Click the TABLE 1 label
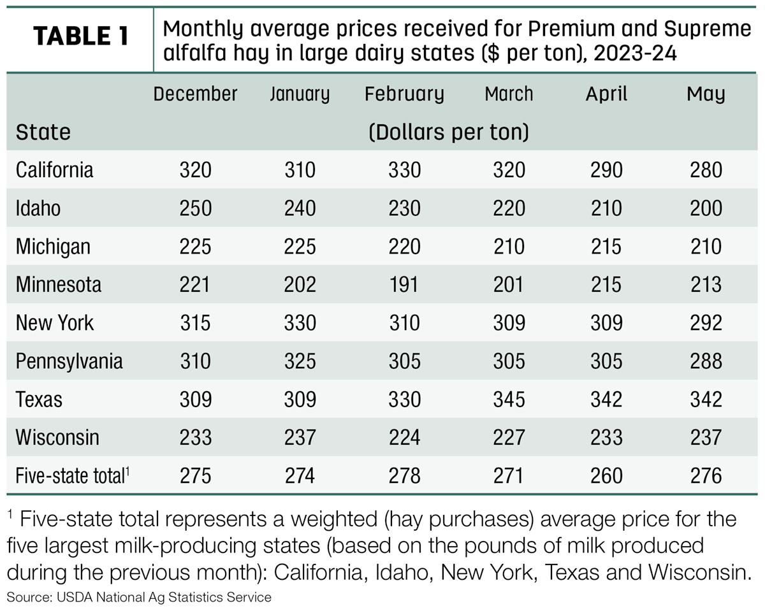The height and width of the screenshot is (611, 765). click(81, 36)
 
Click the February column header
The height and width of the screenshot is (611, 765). click(405, 95)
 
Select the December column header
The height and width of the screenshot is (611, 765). click(195, 94)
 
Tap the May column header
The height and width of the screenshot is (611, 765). click(706, 95)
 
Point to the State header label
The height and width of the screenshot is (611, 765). click(43, 132)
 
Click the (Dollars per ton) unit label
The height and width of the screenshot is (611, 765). click(449, 133)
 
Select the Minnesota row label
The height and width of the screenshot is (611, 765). click(58, 285)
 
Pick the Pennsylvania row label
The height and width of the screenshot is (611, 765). click(69, 361)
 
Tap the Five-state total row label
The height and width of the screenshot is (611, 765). click(73, 476)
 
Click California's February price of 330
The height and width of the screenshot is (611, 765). click(405, 170)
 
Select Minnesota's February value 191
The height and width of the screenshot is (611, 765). click(404, 285)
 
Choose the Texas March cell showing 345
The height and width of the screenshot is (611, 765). click(509, 399)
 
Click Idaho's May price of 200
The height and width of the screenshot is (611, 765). click(706, 208)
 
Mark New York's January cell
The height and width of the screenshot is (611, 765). click(300, 323)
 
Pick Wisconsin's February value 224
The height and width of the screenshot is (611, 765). click(405, 437)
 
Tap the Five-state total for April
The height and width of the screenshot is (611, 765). click(606, 476)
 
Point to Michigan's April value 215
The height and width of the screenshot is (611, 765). click(606, 247)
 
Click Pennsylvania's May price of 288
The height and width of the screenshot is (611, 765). click(706, 361)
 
